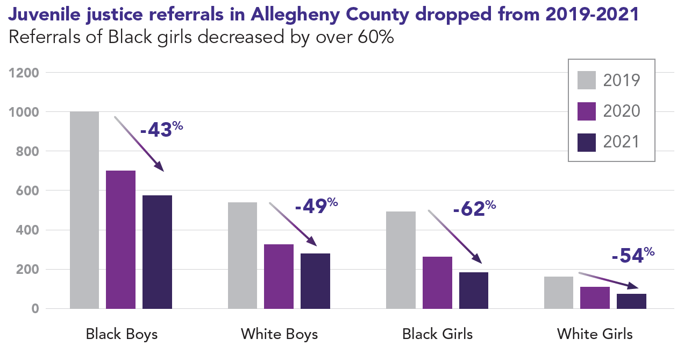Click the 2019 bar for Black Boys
[84, 210]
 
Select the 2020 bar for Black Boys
[120, 239]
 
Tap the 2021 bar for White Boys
[315, 281]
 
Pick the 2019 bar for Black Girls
[401, 260]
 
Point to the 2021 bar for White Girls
[631, 301]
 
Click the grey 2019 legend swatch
[587, 80]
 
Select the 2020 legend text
[622, 111]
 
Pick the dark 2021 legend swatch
[587, 142]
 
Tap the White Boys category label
[279, 334]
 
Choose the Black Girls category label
[437, 334]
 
